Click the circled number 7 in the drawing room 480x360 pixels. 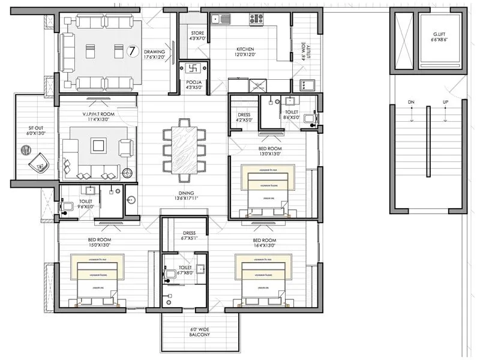133,50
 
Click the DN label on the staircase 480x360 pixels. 411,103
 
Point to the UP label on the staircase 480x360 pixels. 445,103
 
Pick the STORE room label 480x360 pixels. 197,33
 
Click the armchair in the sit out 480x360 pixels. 39,161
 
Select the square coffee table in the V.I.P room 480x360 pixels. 98,145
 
